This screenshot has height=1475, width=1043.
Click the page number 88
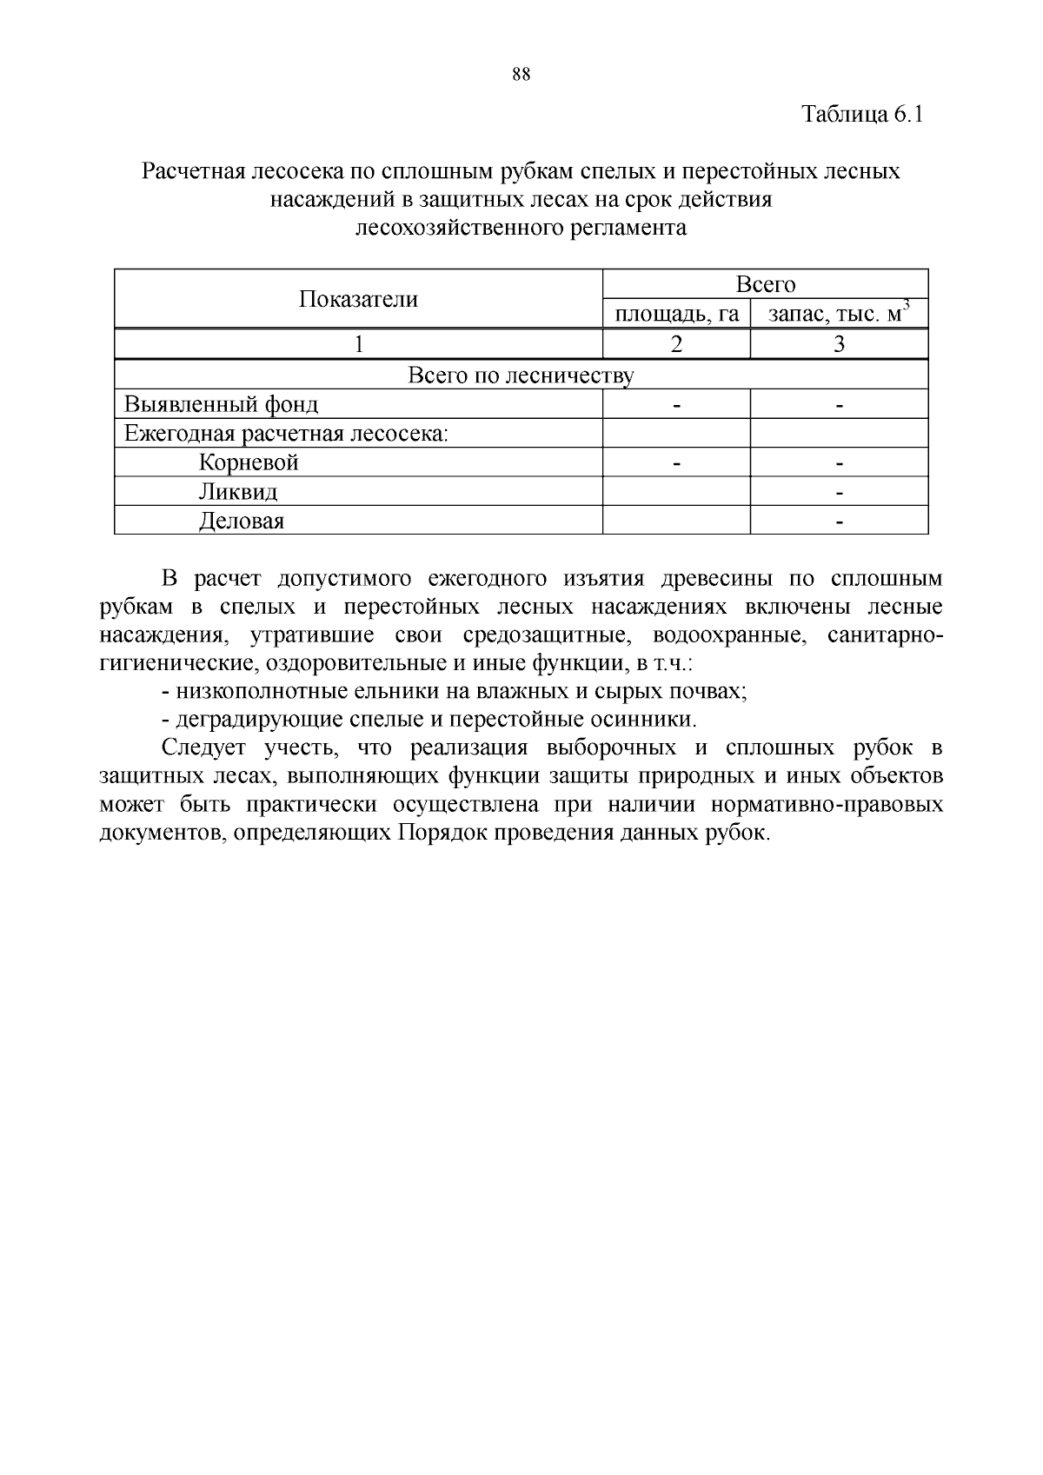coord(521,75)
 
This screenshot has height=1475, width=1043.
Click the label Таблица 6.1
coord(861,115)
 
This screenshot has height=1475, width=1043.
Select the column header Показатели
coord(358,300)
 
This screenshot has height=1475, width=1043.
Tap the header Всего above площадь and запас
coord(765,284)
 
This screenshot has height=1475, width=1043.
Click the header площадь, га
coord(676,314)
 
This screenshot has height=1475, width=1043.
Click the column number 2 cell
coord(676,344)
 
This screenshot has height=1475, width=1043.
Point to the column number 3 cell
coord(839,344)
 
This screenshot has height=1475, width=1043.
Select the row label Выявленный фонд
coord(222,405)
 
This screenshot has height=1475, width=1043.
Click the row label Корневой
coord(249,462)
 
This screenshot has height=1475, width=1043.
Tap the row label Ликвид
coord(238,492)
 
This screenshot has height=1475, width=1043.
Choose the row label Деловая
coord(241,522)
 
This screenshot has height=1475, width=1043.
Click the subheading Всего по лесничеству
coord(521,375)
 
